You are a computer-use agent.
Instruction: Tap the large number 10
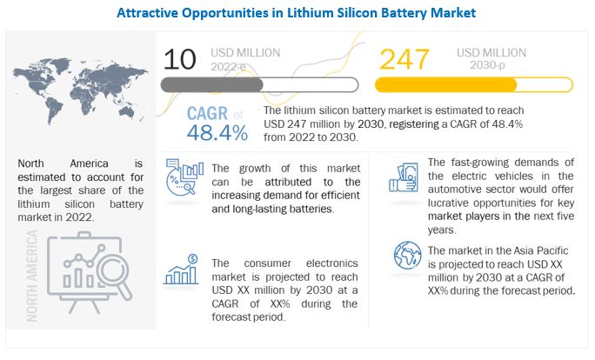(x=180, y=61)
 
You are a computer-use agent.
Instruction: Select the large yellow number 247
(x=404, y=61)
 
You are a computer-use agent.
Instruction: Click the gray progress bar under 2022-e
(x=231, y=85)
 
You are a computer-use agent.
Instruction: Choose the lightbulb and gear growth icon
(x=182, y=179)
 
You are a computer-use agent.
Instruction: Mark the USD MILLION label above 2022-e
(x=246, y=53)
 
